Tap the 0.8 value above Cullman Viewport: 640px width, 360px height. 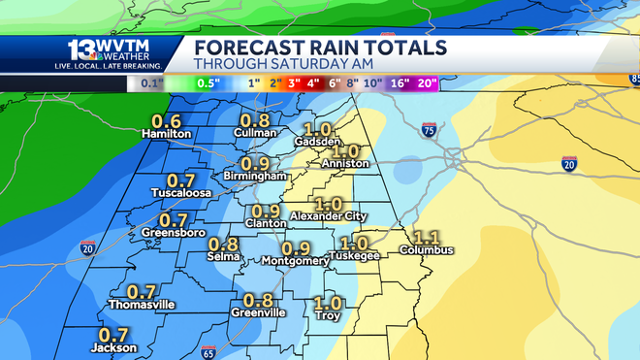tap(256, 119)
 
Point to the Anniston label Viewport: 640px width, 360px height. tap(346, 164)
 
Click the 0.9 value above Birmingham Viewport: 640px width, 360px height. tap(256, 163)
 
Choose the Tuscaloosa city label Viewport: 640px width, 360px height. tap(181, 193)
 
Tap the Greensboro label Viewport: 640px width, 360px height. tap(173, 233)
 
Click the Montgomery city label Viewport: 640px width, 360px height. tap(296, 261)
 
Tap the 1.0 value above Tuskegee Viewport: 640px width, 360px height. tap(356, 243)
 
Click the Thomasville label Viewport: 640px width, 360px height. tap(143, 305)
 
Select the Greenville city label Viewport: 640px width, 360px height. tap(258, 312)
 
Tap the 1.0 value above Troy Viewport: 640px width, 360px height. tap(329, 302)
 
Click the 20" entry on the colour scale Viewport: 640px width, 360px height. tap(428, 83)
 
